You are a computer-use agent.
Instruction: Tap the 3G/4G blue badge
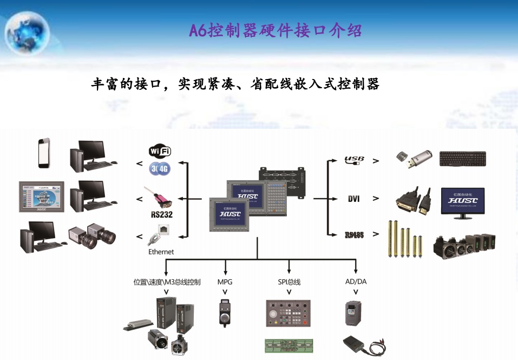click(160, 168)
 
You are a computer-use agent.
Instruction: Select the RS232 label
click(161, 214)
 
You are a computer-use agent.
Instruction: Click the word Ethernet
click(161, 252)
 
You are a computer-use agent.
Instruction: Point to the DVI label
click(354, 199)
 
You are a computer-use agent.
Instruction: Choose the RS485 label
click(354, 235)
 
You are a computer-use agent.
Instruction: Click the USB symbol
click(355, 160)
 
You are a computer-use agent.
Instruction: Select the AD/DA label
click(356, 282)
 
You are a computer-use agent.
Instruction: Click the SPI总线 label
click(289, 282)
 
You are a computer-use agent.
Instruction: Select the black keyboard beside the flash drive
click(463, 159)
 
